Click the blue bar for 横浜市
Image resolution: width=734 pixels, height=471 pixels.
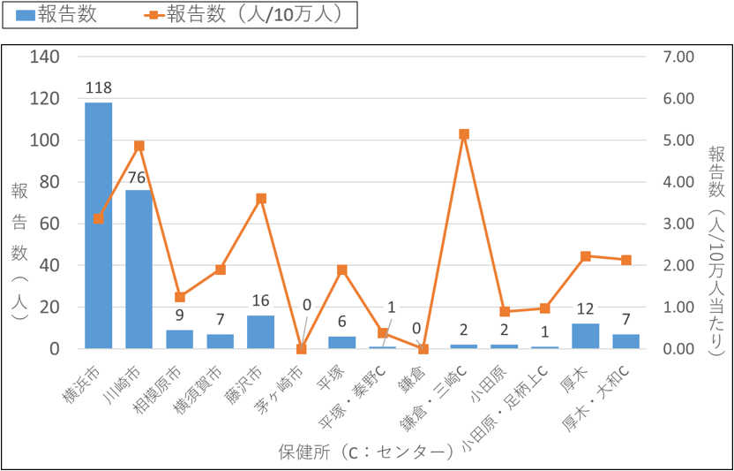(98, 225)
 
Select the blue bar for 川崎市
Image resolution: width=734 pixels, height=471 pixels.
(139, 270)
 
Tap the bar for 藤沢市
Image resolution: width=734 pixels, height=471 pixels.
(260, 331)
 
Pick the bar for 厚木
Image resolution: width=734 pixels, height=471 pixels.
(585, 336)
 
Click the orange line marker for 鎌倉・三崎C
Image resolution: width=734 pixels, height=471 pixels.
(464, 134)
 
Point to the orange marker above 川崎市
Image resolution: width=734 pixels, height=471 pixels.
(139, 146)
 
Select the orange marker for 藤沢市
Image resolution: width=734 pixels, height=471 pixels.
(260, 199)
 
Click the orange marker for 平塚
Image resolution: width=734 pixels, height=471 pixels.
(342, 270)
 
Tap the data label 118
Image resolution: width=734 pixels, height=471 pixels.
(98, 87)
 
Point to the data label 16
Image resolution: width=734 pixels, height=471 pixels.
(260, 301)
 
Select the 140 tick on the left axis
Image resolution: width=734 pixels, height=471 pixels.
(45, 57)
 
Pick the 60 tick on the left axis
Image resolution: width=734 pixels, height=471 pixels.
(49, 224)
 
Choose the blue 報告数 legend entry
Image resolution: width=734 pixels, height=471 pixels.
(56, 15)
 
